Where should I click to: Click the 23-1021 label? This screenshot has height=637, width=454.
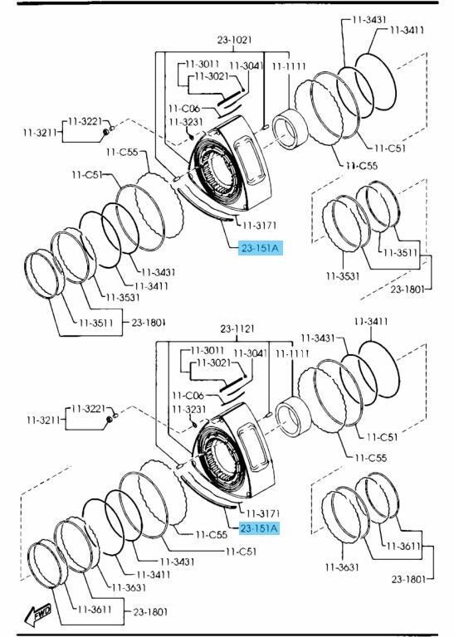[x=234, y=40]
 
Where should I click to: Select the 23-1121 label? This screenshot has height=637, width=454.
[x=237, y=328]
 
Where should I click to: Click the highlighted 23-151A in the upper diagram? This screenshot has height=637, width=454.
[x=260, y=248]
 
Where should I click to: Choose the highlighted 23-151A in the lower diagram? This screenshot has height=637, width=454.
[x=259, y=528]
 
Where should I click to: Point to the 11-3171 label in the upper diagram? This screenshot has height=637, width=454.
[x=259, y=225]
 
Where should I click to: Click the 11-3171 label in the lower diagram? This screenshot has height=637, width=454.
[x=263, y=513]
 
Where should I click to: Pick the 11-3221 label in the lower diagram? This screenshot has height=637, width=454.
[x=88, y=408]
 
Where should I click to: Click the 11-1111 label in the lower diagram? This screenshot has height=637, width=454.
[x=292, y=354]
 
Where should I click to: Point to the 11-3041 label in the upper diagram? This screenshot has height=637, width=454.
[x=247, y=65]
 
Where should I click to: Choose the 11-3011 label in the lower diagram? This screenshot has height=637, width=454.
[x=207, y=350]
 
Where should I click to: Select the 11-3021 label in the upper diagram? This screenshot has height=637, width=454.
[x=212, y=76]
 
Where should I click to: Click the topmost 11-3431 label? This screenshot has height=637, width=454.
[x=369, y=19]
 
